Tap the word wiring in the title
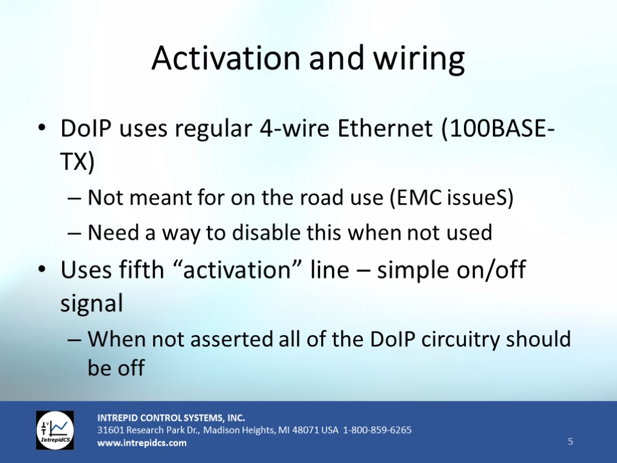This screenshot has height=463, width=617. (x=419, y=60)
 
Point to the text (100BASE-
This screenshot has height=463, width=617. (x=498, y=128)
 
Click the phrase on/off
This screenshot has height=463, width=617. (x=490, y=269)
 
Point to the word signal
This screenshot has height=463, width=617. (x=92, y=303)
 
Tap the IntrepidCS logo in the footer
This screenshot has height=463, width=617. (x=55, y=430)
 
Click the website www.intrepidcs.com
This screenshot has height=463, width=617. (x=142, y=443)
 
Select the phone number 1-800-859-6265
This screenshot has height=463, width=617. (x=377, y=430)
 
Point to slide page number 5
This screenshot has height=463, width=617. (x=571, y=441)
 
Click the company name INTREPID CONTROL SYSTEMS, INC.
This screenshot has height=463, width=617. (x=171, y=418)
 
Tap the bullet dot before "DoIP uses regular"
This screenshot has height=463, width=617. (x=42, y=128)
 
